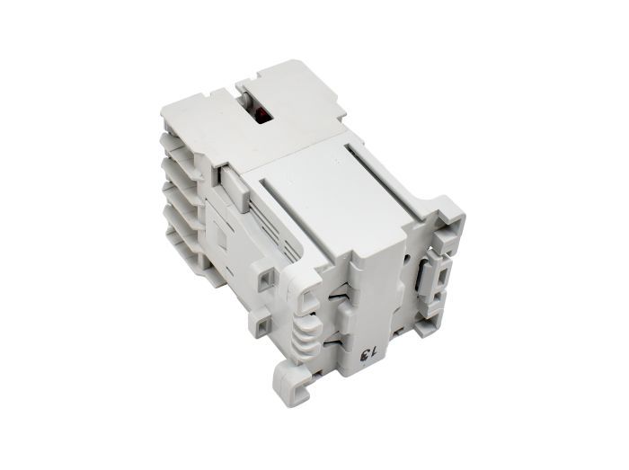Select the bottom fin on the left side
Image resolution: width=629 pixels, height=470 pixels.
(x=188, y=245)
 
